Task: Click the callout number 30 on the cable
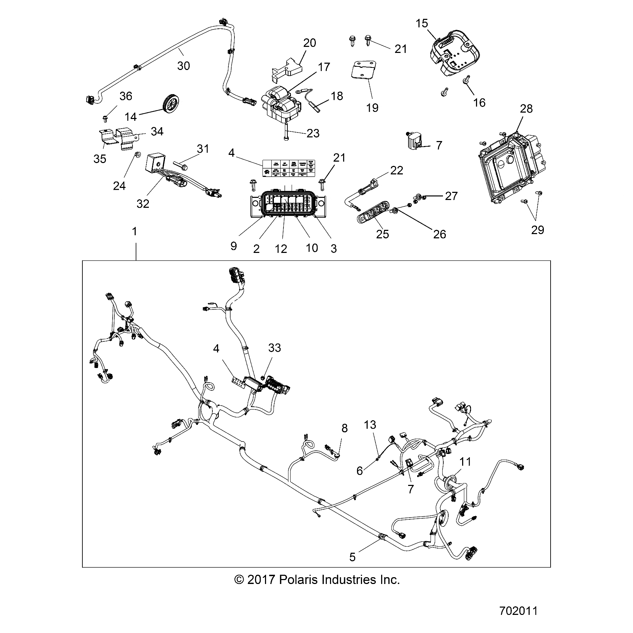coord(183,66)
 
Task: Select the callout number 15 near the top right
coord(422,23)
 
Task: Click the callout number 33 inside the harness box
coord(275,348)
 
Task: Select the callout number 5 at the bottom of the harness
coord(352,557)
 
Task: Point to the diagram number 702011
coord(518,611)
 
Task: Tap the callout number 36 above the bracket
coord(126,96)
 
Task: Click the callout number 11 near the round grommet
coord(465,462)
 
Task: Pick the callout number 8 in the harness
coord(344,428)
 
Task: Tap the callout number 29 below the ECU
coord(537,230)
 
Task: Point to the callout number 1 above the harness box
coord(134,232)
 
